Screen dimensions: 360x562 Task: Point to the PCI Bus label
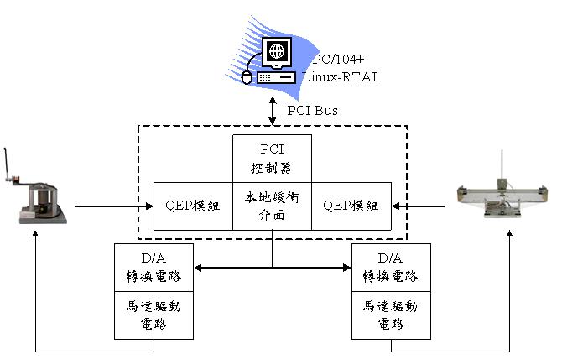pos(313,109)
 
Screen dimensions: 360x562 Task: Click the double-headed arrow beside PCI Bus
pos(273,109)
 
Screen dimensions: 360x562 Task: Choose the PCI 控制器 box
pos(271,158)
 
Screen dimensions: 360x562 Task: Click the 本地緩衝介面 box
pos(271,206)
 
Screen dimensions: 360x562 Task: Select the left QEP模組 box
pos(193,206)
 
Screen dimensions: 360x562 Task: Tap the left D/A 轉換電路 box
pos(154,268)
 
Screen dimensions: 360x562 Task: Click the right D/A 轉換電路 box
pos(391,268)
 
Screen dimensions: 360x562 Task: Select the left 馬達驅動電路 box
pos(154,316)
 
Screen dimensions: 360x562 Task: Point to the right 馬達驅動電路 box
pos(391,316)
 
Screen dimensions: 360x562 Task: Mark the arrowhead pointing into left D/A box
pos(199,269)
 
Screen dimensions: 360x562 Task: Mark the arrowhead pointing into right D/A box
pos(346,269)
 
